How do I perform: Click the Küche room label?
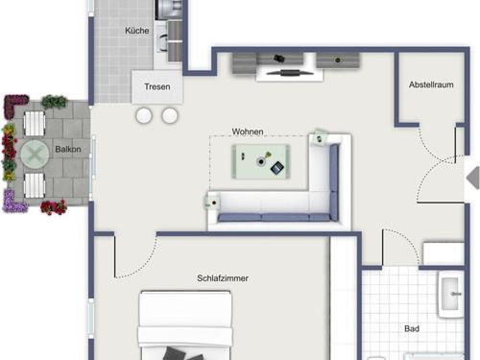tap(137, 31)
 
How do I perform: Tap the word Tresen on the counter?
tap(157, 86)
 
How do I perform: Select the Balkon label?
tap(68, 149)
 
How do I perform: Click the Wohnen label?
tap(248, 132)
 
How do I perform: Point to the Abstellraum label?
tap(431, 84)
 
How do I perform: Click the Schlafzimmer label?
tap(223, 278)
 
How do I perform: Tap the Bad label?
tap(412, 328)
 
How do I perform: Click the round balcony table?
tap(35, 155)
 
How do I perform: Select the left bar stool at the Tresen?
tap(144, 115)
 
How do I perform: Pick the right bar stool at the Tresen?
tap(170, 115)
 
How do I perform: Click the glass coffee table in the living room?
tap(261, 161)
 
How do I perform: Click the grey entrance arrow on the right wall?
tap(472, 177)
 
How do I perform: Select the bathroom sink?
tap(451, 295)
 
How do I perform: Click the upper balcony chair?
tap(35, 124)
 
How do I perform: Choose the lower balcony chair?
tap(35, 185)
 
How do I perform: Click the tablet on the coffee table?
tap(277, 168)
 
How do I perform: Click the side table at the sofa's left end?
tap(212, 204)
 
